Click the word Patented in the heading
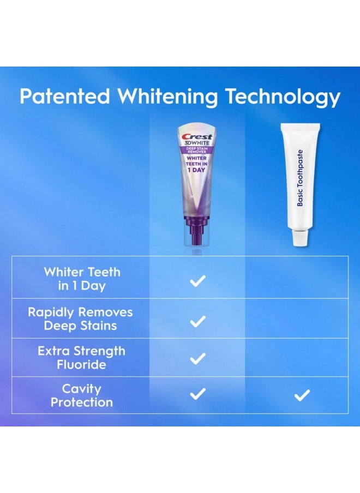(x=64, y=97)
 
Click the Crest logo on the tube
(x=197, y=137)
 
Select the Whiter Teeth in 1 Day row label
(x=82, y=279)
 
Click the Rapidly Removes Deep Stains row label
(x=80, y=318)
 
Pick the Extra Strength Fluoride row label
(x=81, y=358)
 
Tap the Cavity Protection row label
(x=82, y=395)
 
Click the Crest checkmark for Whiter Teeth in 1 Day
(x=197, y=281)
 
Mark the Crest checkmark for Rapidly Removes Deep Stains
(x=197, y=321)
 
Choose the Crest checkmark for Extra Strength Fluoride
(x=197, y=358)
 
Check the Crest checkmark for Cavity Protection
(x=197, y=394)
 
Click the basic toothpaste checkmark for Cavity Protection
(x=302, y=395)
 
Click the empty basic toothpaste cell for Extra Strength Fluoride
(x=302, y=358)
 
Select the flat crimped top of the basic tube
(x=300, y=127)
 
